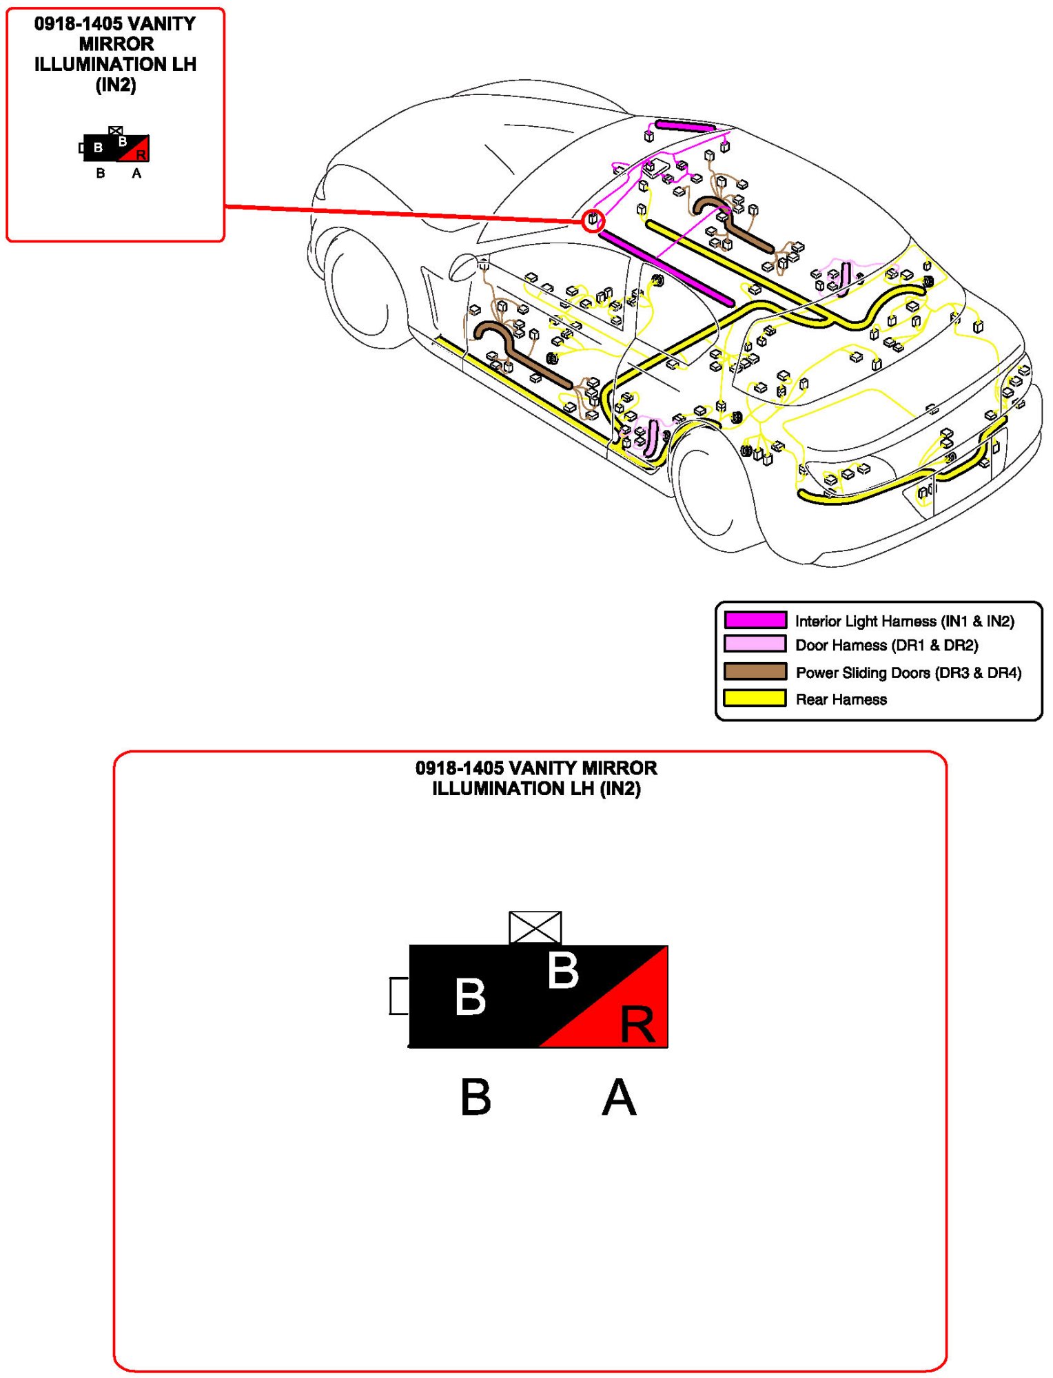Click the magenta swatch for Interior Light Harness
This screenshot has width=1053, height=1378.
click(755, 620)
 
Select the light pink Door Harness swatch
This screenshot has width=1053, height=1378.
click(755, 644)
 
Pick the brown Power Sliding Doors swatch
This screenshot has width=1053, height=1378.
click(755, 671)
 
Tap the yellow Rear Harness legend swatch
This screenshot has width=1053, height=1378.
click(755, 698)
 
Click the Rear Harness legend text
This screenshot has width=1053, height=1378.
click(841, 699)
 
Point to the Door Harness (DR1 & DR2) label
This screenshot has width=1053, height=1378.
click(886, 646)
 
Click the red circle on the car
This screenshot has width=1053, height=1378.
click(593, 220)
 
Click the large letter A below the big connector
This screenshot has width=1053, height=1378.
click(618, 1098)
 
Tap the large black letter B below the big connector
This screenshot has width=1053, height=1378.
click(476, 1098)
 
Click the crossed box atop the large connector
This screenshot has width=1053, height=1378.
click(535, 927)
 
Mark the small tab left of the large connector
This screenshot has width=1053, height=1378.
click(399, 996)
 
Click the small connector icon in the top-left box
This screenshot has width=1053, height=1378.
click(115, 147)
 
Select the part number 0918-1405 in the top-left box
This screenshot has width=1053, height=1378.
click(78, 24)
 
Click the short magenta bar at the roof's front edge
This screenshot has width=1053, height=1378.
click(684, 125)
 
